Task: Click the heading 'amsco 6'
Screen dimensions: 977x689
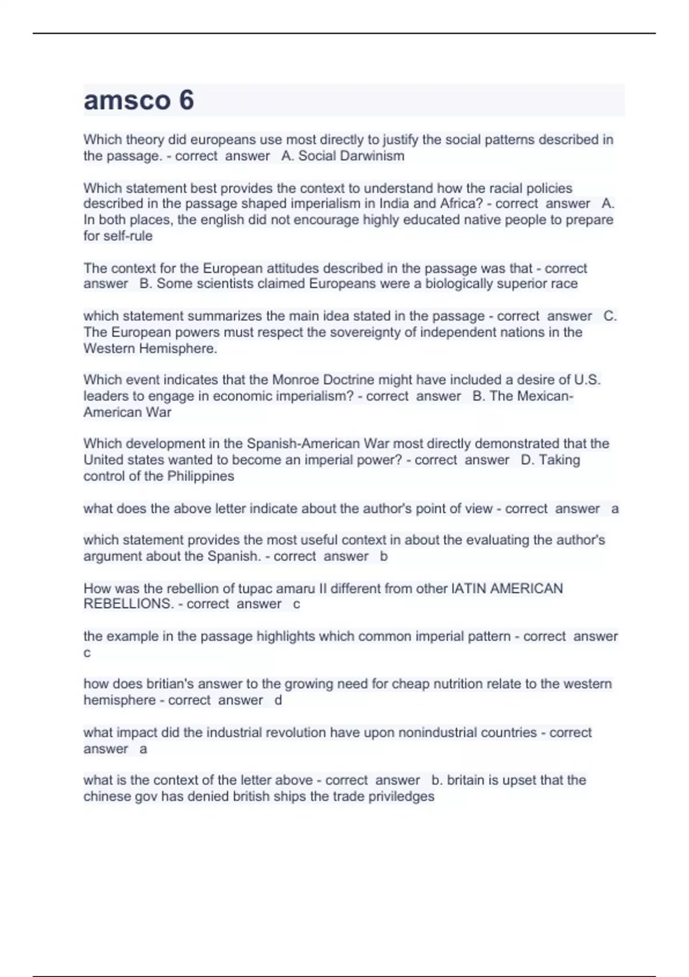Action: point(138,100)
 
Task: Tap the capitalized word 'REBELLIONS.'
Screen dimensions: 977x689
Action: point(127,604)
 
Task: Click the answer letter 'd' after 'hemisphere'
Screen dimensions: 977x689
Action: point(278,700)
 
